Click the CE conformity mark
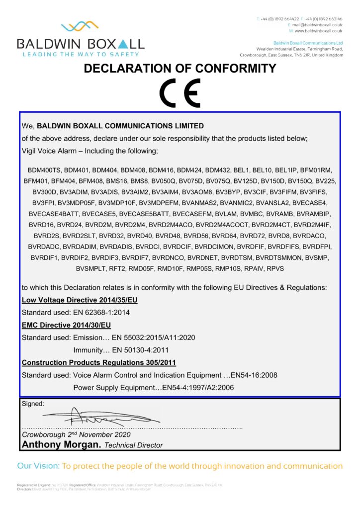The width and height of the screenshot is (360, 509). pyautogui.click(x=180, y=93)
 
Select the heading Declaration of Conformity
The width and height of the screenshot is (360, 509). pyautogui.click(x=180, y=69)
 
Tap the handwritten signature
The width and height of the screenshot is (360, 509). pyautogui.click(x=94, y=416)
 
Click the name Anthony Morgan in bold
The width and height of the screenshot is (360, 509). pyautogui.click(x=60, y=444)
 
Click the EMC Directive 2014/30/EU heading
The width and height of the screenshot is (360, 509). pyautogui.click(x=66, y=325)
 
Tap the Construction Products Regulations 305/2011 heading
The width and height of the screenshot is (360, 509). pyautogui.click(x=98, y=362)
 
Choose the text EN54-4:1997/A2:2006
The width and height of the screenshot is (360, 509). pyautogui.click(x=196, y=387)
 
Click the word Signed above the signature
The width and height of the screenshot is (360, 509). pyautogui.click(x=33, y=404)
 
